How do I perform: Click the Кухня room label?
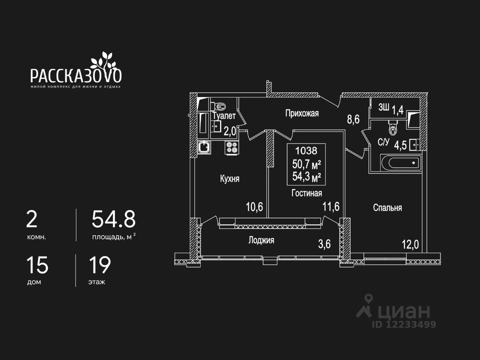(x=229, y=179)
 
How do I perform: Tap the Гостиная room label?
(x=307, y=193)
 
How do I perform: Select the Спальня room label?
(x=387, y=208)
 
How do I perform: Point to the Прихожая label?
(x=302, y=113)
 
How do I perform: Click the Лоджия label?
(x=261, y=240)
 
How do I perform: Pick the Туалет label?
(x=224, y=116)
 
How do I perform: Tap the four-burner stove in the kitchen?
(x=232, y=147)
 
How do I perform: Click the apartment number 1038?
(x=306, y=151)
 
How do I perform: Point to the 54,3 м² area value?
(x=306, y=177)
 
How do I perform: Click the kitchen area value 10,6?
(x=254, y=207)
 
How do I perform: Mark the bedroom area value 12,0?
(x=410, y=245)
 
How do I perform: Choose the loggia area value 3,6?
(x=324, y=244)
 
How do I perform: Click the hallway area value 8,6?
(x=353, y=120)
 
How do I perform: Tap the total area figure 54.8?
(x=114, y=219)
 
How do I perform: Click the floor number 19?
(x=100, y=265)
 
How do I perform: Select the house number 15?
(x=37, y=265)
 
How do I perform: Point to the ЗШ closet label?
(x=383, y=108)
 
